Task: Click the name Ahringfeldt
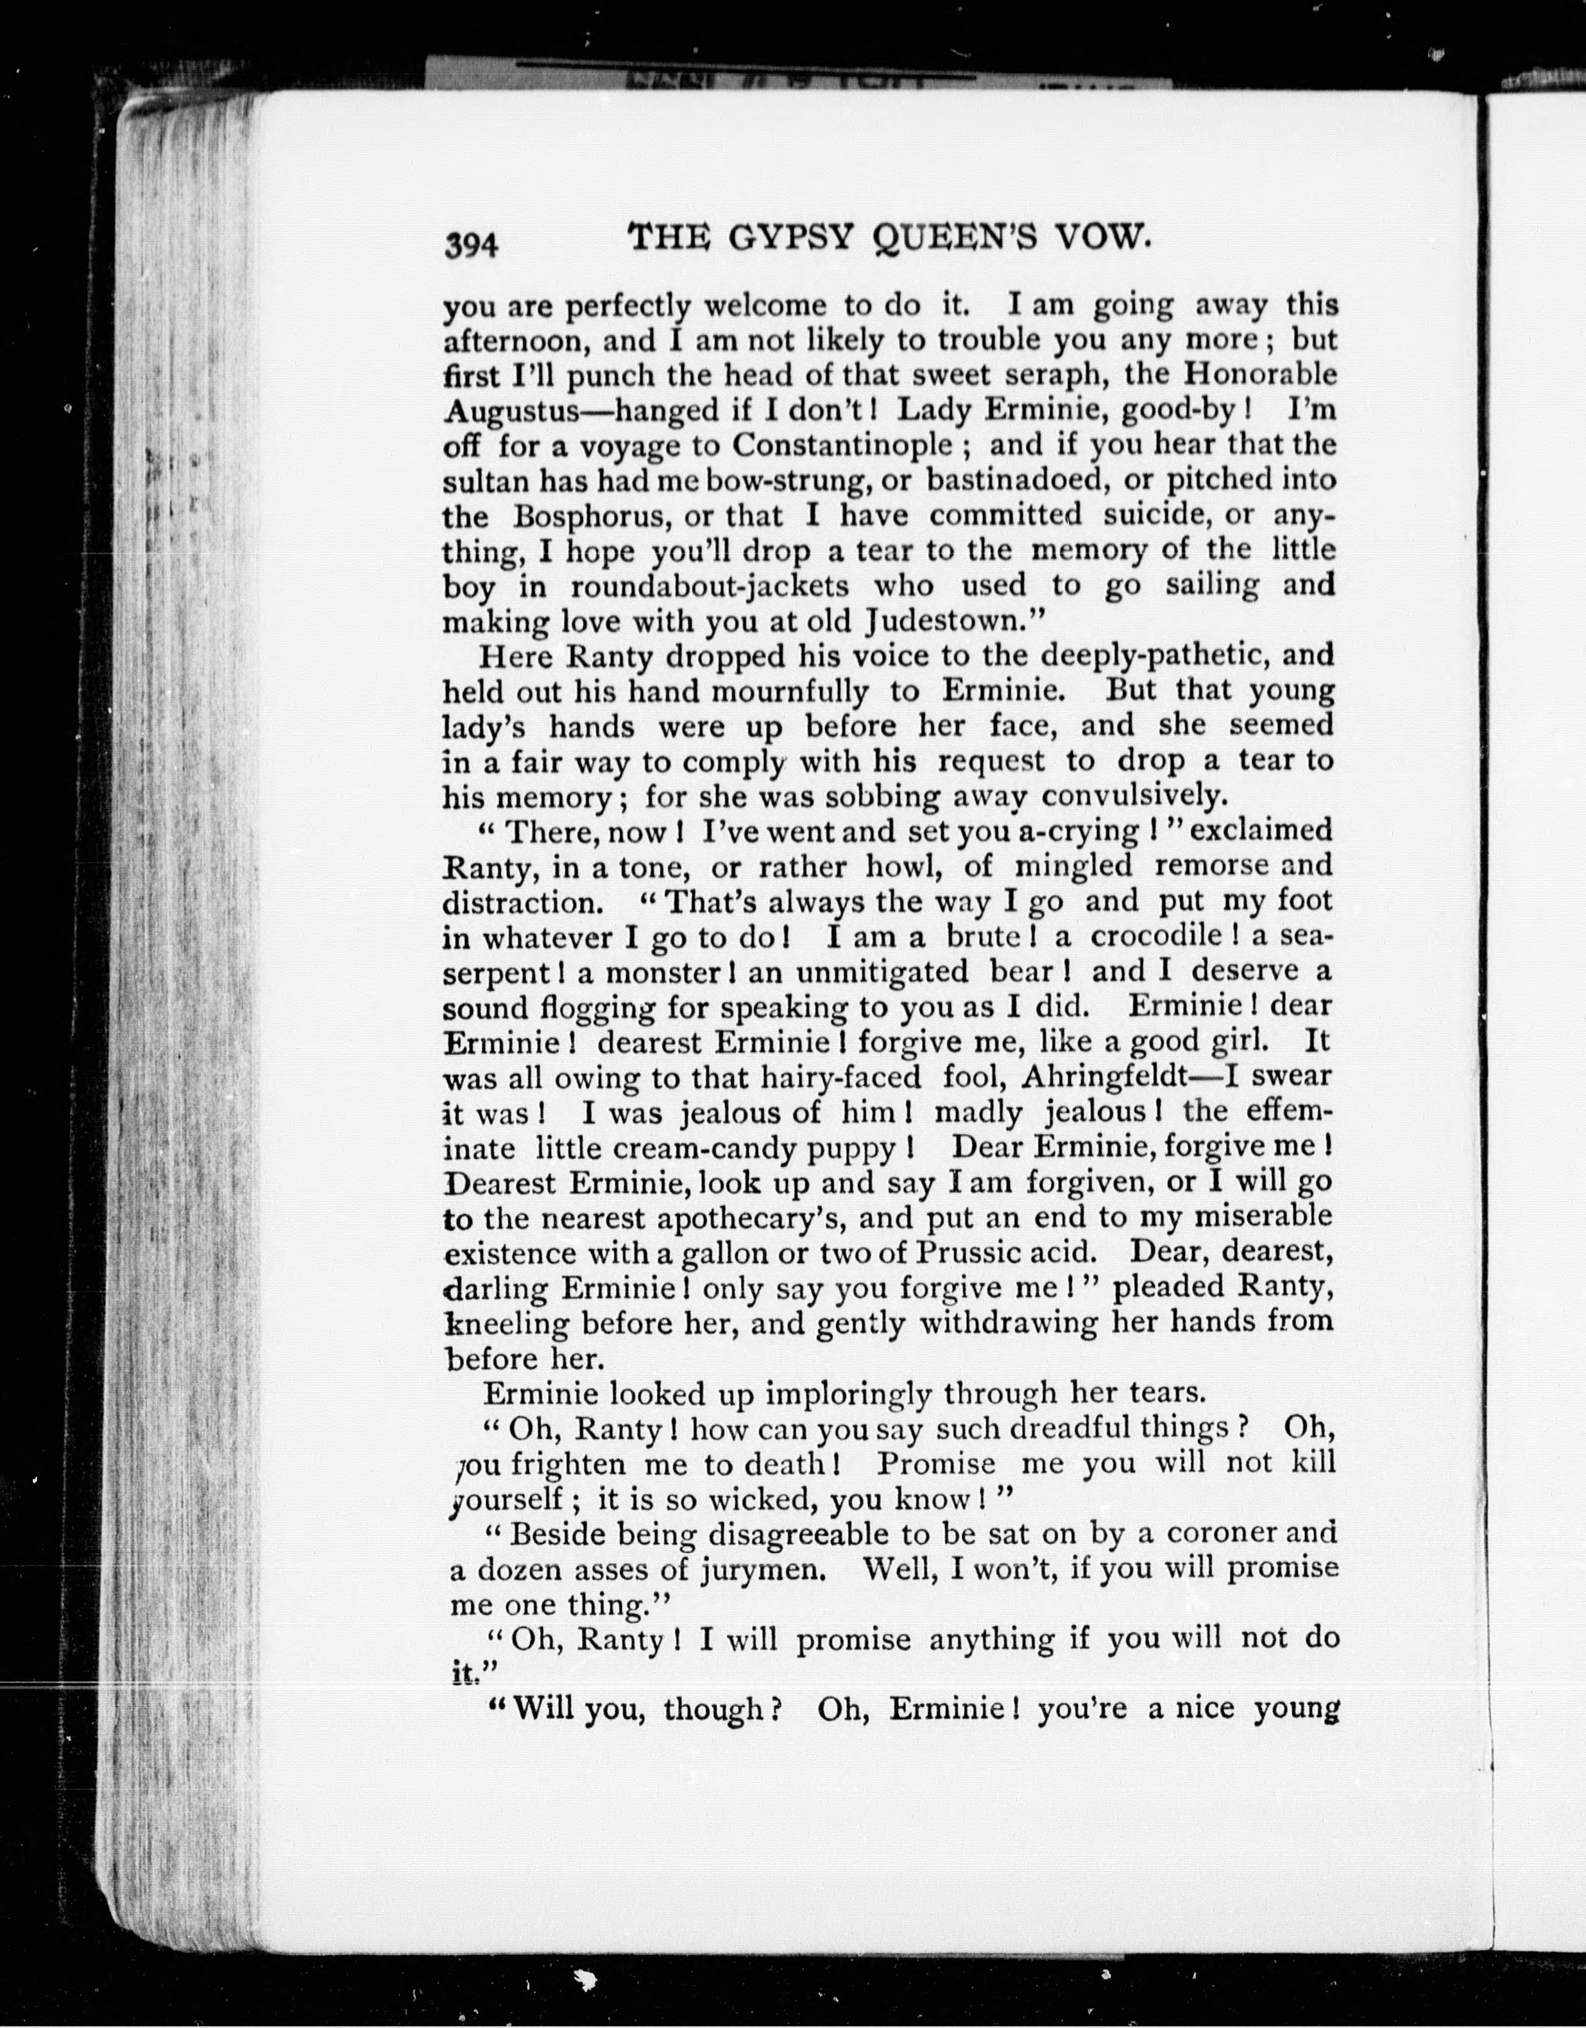(x=1103, y=1077)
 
